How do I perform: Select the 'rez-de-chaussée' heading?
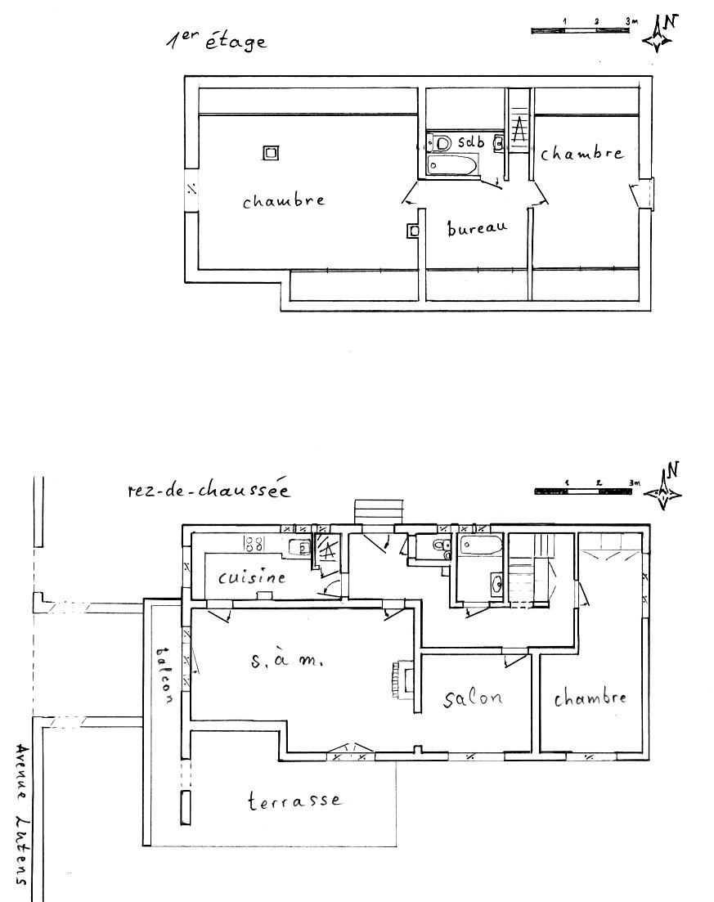209,491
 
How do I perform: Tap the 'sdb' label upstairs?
472,142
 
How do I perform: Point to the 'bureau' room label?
477,228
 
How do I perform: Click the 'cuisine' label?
253,577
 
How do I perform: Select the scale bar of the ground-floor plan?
585,491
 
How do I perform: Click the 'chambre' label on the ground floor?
591,698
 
